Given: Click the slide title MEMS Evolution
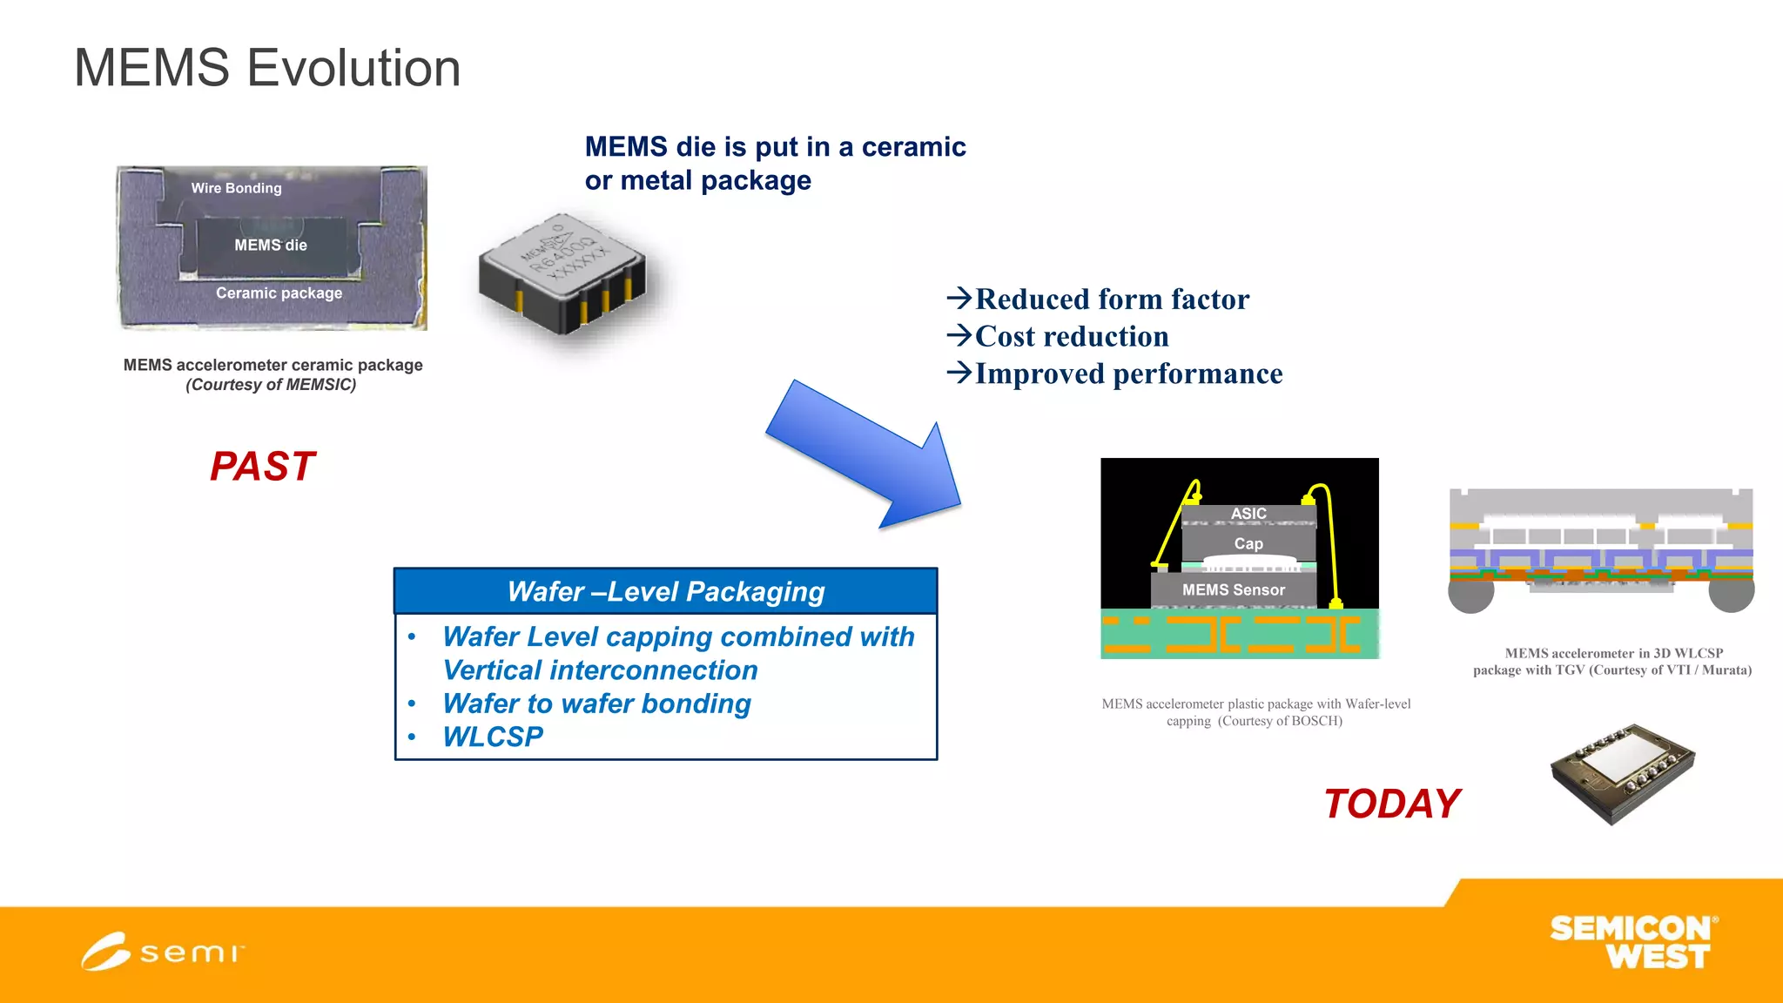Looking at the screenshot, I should [267, 68].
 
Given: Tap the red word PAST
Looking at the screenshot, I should [262, 467].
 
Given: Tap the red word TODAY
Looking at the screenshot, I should [1391, 804].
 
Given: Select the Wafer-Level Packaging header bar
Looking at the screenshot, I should [665, 592].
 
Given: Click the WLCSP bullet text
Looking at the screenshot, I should [493, 737].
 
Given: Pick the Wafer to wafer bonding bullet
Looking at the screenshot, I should [596, 703].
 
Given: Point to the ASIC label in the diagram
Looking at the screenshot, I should [1248, 514].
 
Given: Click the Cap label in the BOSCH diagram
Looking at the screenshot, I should [1248, 544].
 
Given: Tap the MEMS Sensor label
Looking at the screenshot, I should [1233, 590].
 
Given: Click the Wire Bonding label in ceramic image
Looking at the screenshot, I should [236, 188].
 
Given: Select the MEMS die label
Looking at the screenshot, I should [270, 246].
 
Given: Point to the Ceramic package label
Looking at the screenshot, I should [279, 293].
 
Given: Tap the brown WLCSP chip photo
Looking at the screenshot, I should [1623, 773].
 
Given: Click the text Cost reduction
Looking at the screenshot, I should [1071, 337].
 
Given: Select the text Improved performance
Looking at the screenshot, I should [1127, 374].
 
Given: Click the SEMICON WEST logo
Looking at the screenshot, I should [1632, 942].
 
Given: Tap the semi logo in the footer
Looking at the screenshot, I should [162, 952].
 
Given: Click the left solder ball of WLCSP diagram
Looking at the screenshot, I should [1470, 592].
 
